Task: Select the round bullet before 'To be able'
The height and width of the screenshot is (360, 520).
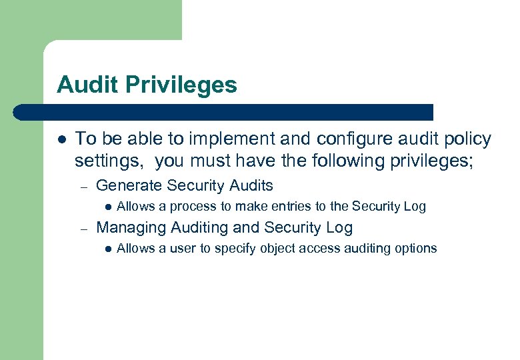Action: point(61,140)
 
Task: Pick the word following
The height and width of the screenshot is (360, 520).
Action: point(324,161)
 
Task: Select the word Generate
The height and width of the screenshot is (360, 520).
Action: point(129,185)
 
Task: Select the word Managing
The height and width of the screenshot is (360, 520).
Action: point(131,228)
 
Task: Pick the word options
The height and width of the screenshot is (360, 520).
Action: point(416,249)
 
